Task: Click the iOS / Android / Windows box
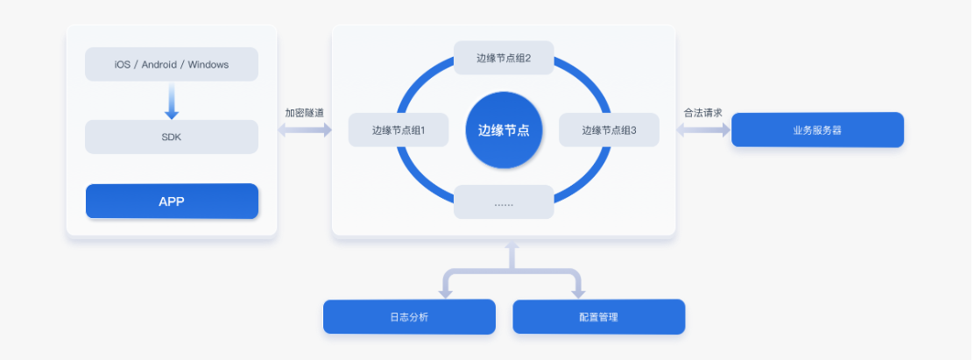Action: [x=172, y=64]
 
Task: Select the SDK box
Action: [x=172, y=137]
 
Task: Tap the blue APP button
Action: [x=172, y=201]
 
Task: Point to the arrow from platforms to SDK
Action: [x=172, y=101]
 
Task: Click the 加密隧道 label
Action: [x=304, y=113]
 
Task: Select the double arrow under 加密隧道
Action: [x=304, y=130]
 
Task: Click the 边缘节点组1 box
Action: [x=399, y=130]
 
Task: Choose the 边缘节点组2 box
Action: [x=504, y=59]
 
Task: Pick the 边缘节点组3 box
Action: [x=609, y=130]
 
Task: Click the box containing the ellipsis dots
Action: [x=504, y=202]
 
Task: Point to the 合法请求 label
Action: [x=702, y=113]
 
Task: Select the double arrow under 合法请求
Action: [x=702, y=130]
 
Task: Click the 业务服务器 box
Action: [x=817, y=130]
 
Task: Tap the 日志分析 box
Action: [x=409, y=317]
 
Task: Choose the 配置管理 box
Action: [x=598, y=317]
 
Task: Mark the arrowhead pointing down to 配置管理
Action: [x=577, y=292]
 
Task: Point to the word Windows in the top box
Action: [x=208, y=64]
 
